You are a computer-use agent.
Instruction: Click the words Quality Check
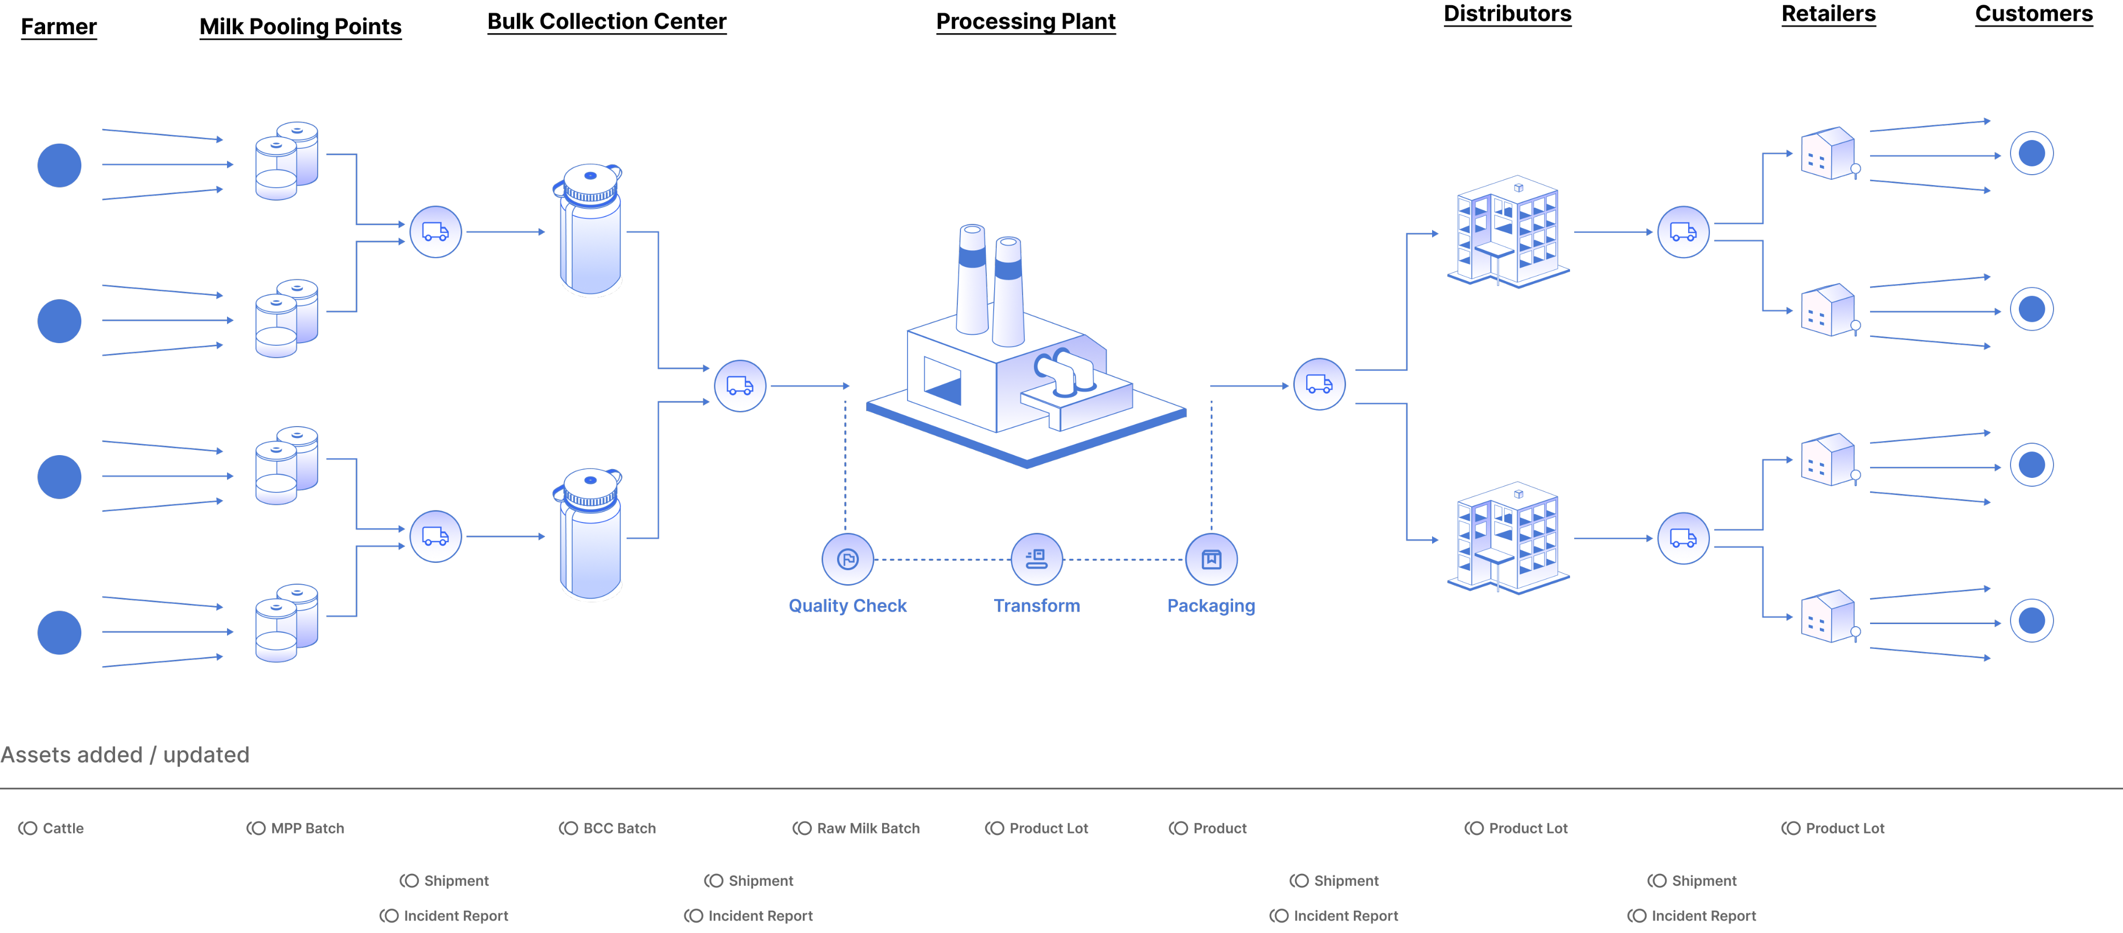click(x=847, y=606)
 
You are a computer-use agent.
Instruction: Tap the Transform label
click(x=1037, y=606)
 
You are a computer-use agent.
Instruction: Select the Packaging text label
click(x=1211, y=606)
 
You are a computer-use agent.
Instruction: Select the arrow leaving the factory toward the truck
click(x=1249, y=386)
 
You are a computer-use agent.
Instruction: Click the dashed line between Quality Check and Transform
click(x=942, y=560)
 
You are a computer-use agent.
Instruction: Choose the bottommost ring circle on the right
click(x=2031, y=620)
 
